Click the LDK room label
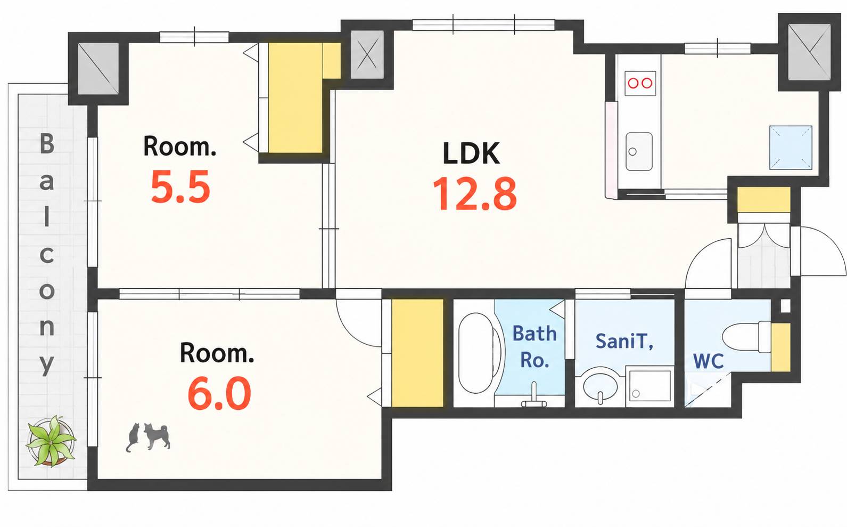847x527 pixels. [x=471, y=153]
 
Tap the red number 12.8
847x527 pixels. [x=475, y=194]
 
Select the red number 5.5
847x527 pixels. [x=180, y=187]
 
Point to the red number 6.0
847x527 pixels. [x=219, y=393]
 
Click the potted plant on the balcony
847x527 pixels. [x=51, y=441]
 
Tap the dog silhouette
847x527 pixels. [x=157, y=436]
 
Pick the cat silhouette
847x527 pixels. [x=133, y=437]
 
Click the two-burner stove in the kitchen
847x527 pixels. [x=640, y=83]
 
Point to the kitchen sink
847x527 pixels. [x=639, y=151]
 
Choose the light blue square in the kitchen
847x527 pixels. [x=791, y=147]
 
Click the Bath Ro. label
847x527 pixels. [x=534, y=347]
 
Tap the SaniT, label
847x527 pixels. [x=624, y=341]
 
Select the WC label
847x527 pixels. [x=708, y=361]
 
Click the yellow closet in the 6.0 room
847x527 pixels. [x=417, y=353]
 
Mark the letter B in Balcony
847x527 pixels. [x=47, y=144]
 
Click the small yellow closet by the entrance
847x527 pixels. [x=764, y=199]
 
